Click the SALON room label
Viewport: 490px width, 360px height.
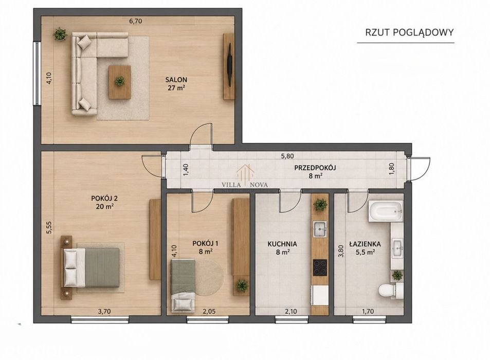point(176,80)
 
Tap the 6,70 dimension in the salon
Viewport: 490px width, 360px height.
point(136,21)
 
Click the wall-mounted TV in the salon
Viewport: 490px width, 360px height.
point(230,65)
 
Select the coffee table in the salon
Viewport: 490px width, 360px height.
point(119,82)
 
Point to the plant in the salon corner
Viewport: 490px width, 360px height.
point(60,34)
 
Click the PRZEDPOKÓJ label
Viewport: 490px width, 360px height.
point(315,168)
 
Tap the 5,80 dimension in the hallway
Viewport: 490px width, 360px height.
point(287,156)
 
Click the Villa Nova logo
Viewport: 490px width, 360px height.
point(245,177)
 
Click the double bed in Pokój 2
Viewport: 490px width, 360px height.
point(90,267)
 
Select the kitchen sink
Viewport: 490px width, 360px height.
point(320,229)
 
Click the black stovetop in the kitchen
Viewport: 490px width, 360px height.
point(320,267)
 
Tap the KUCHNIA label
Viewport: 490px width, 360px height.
point(282,244)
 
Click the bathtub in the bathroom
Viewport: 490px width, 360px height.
point(386,211)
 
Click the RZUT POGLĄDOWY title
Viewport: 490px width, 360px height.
point(409,32)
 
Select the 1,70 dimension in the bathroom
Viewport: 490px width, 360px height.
point(368,312)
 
